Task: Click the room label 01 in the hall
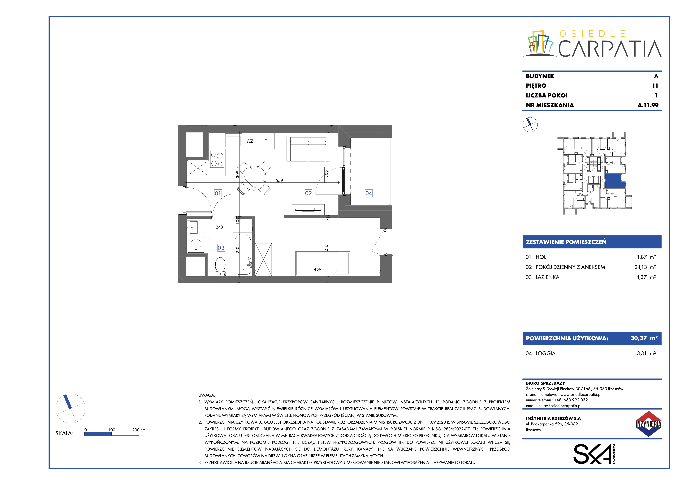(x=218, y=193)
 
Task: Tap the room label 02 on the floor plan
(x=308, y=193)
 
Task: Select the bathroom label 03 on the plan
(x=221, y=248)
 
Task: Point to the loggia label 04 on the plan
(x=369, y=193)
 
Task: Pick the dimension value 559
(x=279, y=180)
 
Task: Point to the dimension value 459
(x=318, y=269)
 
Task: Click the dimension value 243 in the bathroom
(x=219, y=227)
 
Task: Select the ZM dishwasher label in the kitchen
(x=250, y=141)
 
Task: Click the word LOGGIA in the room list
(x=546, y=353)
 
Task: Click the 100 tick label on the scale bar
(x=112, y=430)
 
